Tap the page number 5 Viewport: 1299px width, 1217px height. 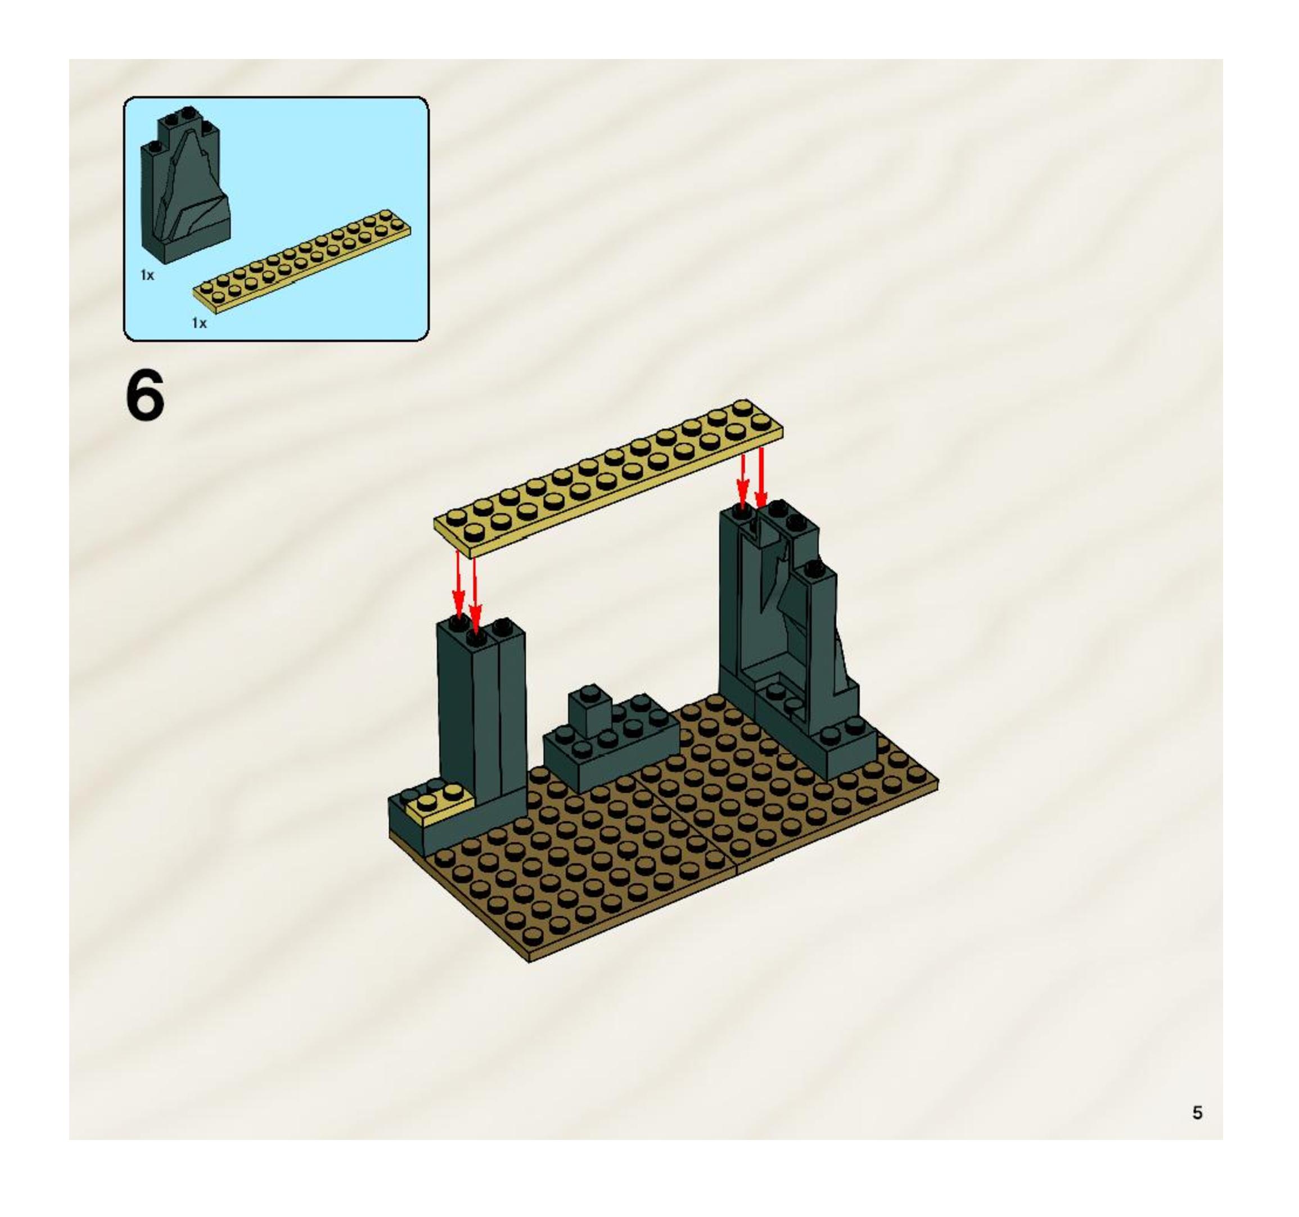click(x=1197, y=1112)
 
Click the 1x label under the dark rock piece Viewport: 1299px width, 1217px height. click(x=147, y=275)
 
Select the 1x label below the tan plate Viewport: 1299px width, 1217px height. click(x=199, y=323)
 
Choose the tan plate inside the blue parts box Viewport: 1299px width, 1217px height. click(x=302, y=260)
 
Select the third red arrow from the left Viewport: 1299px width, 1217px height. click(x=742, y=481)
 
